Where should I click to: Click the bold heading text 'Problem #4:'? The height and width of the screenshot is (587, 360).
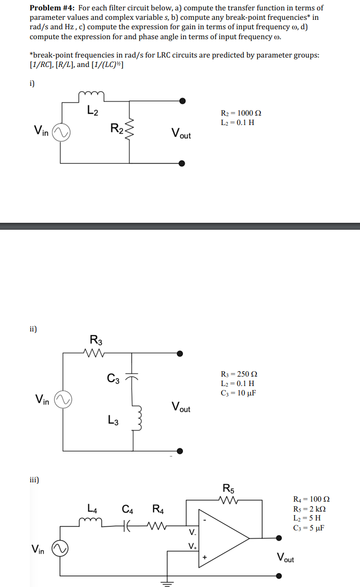(52, 8)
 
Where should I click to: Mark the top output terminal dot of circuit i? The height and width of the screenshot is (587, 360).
(182, 101)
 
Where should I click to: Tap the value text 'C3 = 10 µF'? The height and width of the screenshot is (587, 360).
(238, 393)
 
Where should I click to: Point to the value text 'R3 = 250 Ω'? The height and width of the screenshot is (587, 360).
(239, 374)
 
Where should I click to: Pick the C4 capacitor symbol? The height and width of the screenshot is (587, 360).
(127, 522)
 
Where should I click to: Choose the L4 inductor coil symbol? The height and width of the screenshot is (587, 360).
(93, 520)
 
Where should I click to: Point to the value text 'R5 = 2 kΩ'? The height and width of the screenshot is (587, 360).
(310, 509)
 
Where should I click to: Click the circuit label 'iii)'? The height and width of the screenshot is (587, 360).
(34, 480)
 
